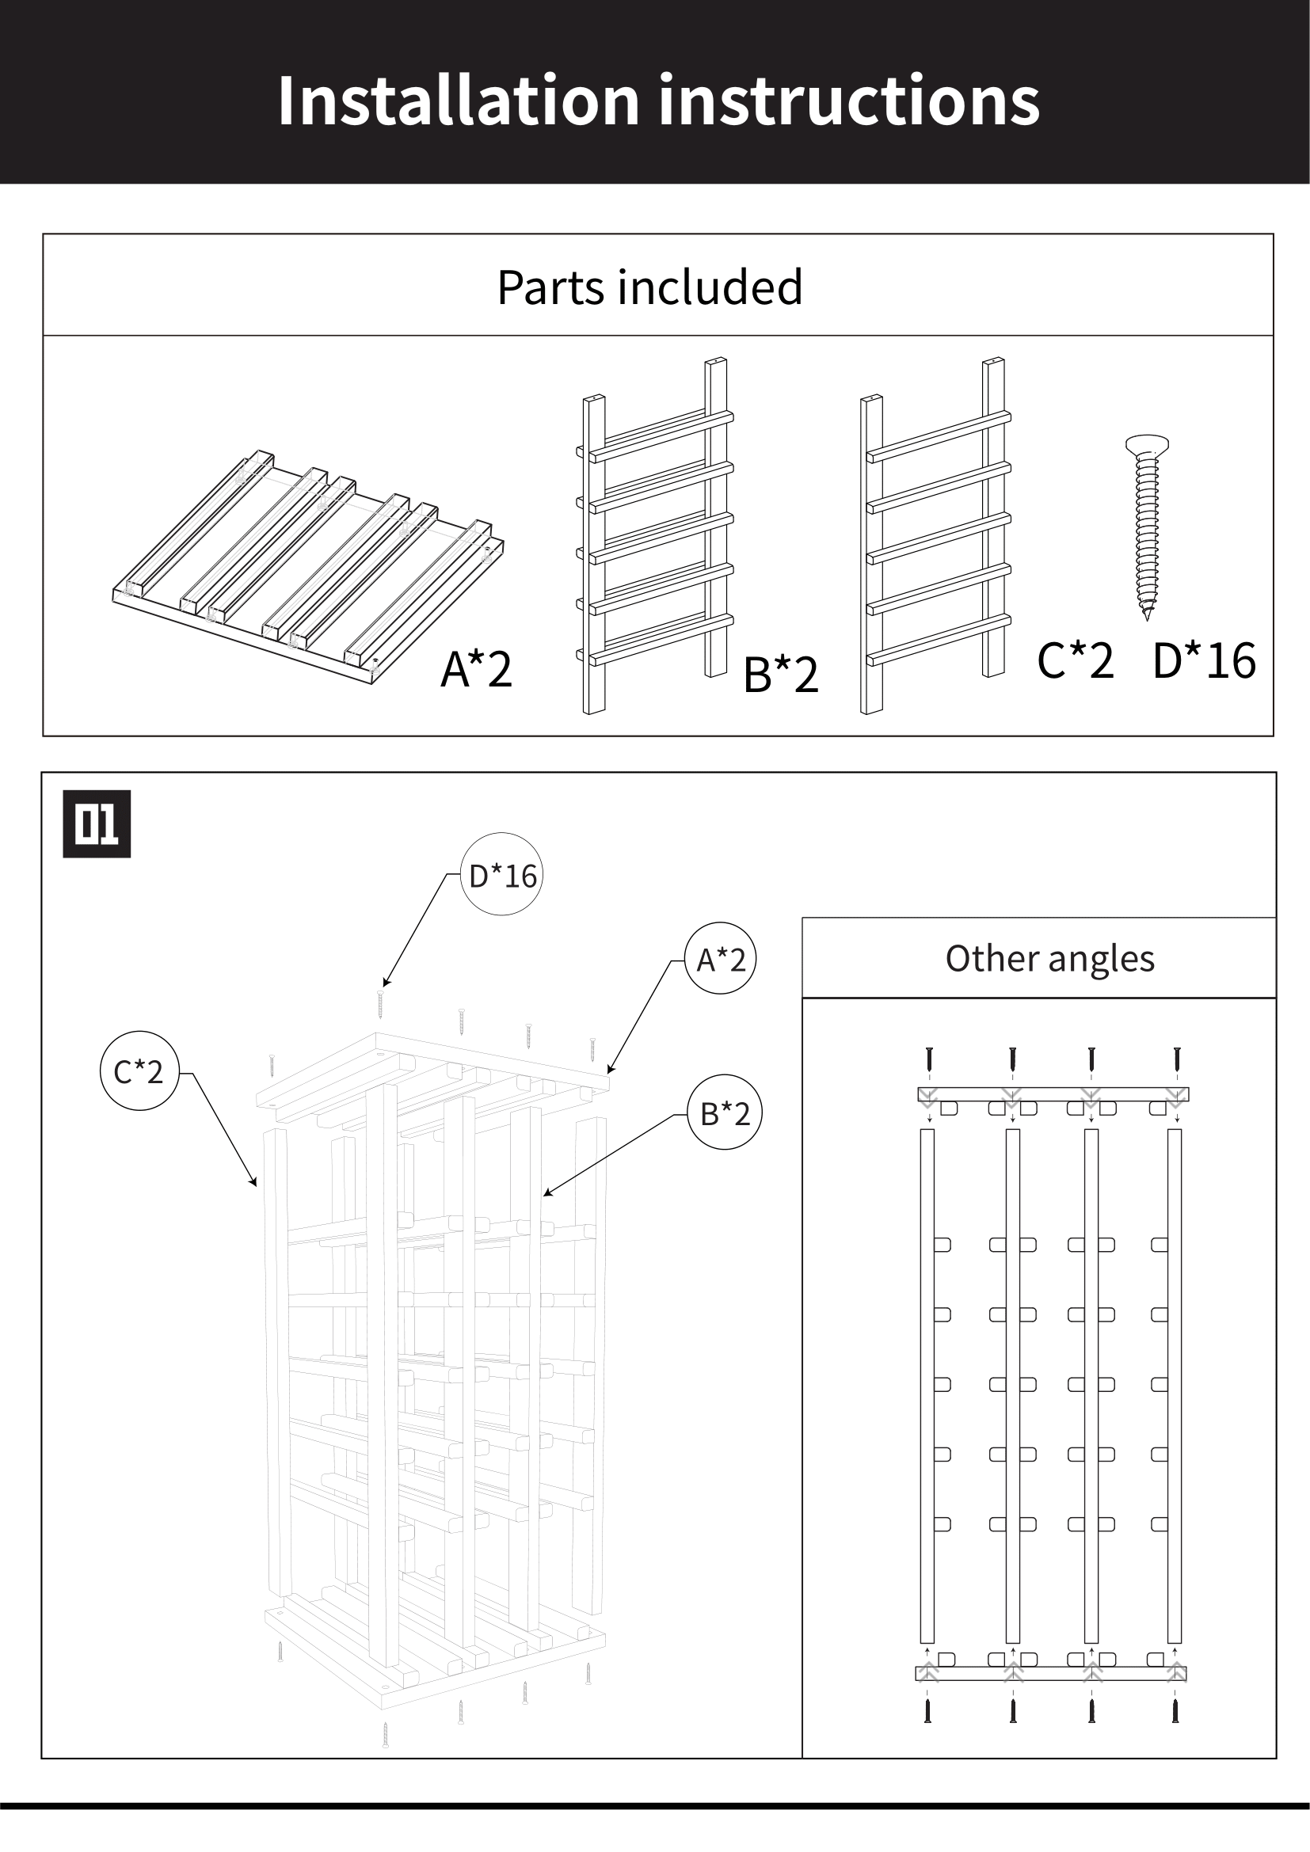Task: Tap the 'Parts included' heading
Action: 649,287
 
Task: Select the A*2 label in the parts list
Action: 476,669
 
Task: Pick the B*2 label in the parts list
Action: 780,675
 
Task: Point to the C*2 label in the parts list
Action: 1075,660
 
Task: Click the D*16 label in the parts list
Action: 1204,660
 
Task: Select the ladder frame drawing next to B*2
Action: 655,536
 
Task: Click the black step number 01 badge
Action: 97,823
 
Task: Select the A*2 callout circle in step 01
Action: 720,959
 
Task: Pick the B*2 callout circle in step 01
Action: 725,1113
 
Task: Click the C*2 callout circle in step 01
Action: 139,1071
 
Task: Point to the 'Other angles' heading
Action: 1049,958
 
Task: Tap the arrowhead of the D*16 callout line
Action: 386,984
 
